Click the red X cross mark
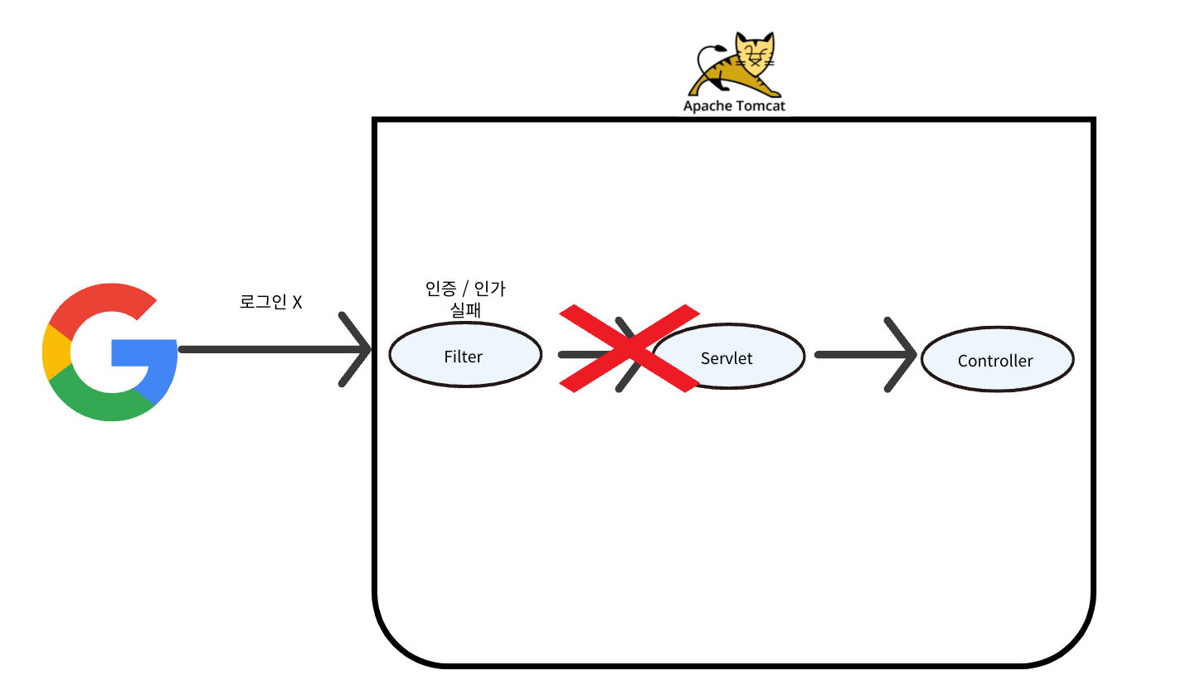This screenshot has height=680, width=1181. [629, 348]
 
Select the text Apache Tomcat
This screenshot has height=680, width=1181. [734, 106]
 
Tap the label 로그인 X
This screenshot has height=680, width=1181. [270, 302]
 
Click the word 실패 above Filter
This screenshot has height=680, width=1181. [464, 309]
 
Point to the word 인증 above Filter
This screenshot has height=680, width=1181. [439, 289]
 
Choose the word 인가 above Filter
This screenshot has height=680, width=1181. [490, 289]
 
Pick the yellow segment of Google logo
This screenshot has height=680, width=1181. [55, 352]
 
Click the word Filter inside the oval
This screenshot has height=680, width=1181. [464, 357]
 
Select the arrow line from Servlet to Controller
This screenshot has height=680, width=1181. [854, 355]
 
